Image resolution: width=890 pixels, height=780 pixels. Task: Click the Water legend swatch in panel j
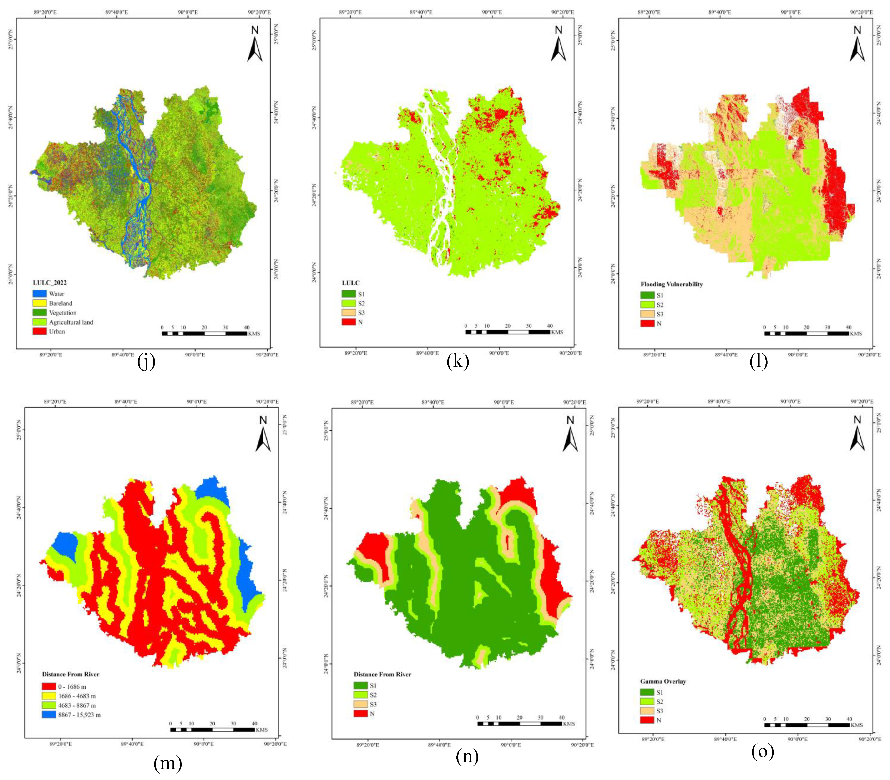[40, 294]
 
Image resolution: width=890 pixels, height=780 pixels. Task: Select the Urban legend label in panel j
[57, 332]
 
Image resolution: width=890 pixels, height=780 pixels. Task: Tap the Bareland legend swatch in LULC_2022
[40, 303]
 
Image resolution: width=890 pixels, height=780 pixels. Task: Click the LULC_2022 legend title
[50, 282]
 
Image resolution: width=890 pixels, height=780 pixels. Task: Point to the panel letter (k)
[458, 361]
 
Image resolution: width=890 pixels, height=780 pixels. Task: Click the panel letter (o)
[762, 752]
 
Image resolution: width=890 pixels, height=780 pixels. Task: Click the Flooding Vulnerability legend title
[671, 284]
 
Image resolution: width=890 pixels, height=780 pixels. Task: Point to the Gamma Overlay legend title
[663, 681]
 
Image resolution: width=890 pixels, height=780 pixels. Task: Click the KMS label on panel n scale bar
[569, 724]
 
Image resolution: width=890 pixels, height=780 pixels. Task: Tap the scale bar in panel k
[508, 332]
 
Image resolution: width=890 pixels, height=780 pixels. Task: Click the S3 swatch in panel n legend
[360, 704]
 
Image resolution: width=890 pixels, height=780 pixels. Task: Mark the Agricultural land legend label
[71, 322]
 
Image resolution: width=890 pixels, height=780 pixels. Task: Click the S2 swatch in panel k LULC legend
[349, 303]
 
